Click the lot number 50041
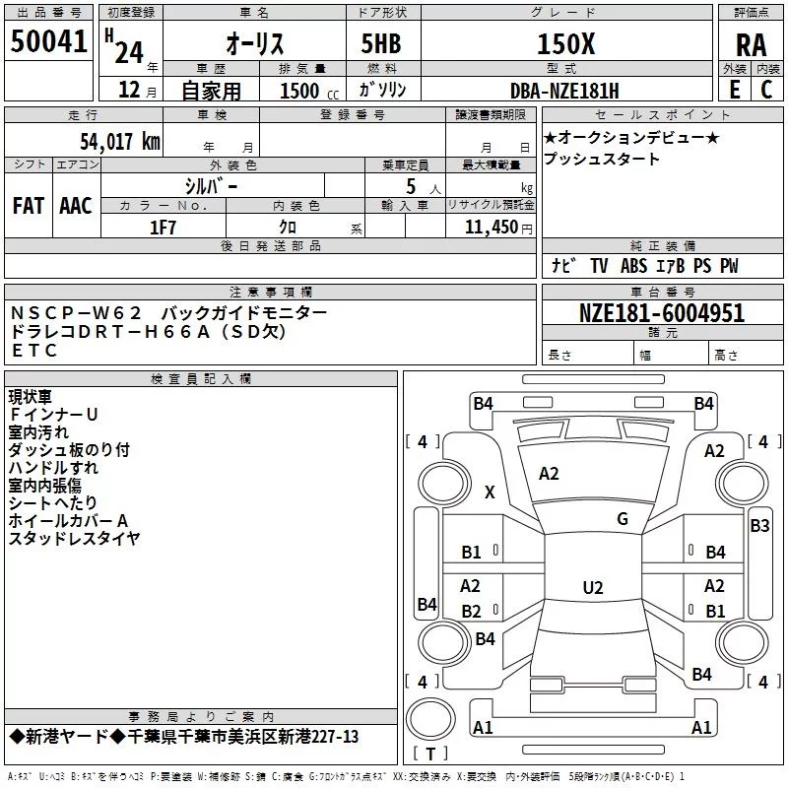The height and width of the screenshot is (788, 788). click(x=48, y=41)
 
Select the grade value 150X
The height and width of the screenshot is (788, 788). click(x=565, y=44)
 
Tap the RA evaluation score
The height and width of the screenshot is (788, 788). click(x=751, y=45)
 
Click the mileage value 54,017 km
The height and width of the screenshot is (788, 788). click(x=120, y=142)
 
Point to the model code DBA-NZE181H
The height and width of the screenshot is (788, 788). click(x=564, y=91)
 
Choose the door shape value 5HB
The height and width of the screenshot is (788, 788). click(x=381, y=43)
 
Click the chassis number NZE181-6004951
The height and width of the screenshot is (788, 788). click(x=661, y=313)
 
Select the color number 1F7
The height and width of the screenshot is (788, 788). click(x=163, y=228)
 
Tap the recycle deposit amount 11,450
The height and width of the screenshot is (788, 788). click(x=491, y=228)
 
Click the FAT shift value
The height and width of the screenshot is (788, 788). click(x=29, y=206)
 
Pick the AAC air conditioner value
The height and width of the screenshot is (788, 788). click(x=76, y=206)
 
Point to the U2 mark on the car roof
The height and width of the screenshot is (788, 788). click(x=593, y=587)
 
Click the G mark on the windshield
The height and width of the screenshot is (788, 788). click(x=623, y=519)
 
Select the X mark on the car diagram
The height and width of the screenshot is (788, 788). click(x=490, y=492)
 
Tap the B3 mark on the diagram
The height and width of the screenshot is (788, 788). click(x=759, y=526)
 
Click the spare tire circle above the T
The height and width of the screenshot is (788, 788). click(x=430, y=719)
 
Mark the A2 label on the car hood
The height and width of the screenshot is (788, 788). click(x=549, y=474)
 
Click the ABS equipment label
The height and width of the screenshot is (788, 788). click(x=633, y=266)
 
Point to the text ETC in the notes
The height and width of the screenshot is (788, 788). click(x=34, y=351)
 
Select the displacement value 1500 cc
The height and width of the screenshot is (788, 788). click(x=309, y=91)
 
